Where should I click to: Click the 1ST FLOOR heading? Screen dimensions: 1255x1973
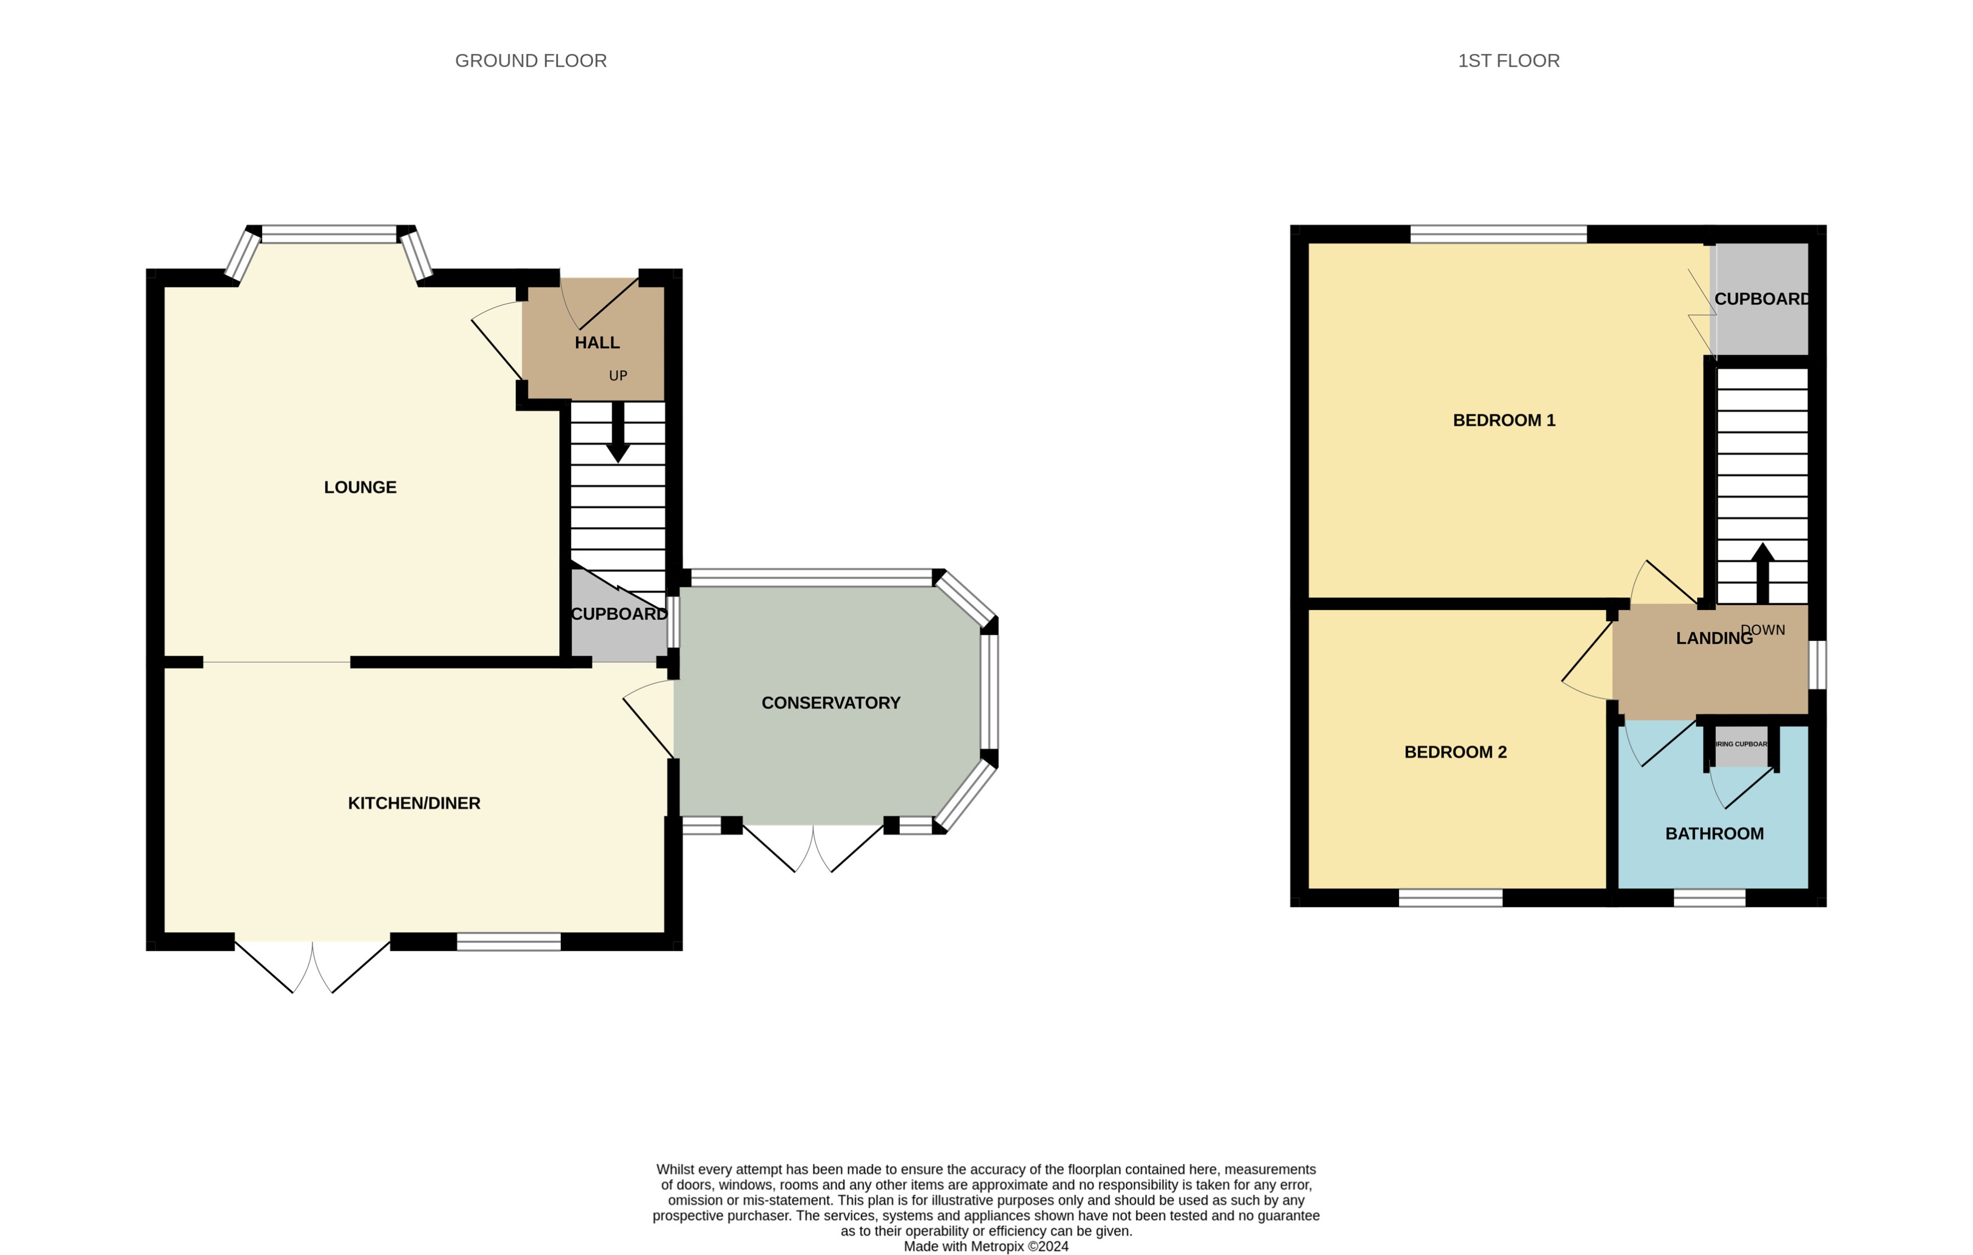pos(1508,61)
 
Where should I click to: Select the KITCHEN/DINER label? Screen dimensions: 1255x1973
pos(414,803)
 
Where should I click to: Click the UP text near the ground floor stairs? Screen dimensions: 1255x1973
pos(618,376)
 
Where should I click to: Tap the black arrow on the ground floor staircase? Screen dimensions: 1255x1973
pos(618,435)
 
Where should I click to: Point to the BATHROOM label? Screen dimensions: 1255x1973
pos(1714,834)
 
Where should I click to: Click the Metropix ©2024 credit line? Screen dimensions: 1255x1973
pos(986,1246)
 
